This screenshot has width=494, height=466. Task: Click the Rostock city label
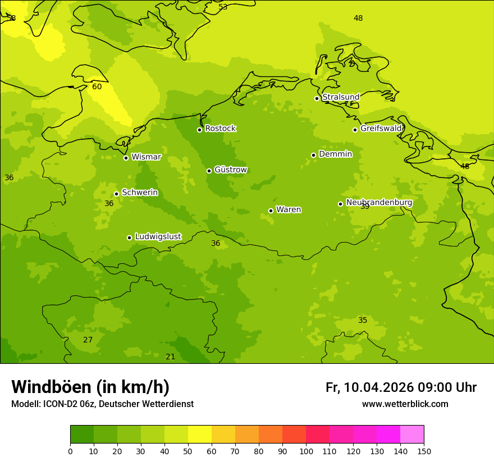(x=220, y=129)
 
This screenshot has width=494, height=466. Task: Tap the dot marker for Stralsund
(x=317, y=98)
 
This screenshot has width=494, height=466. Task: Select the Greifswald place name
(x=381, y=129)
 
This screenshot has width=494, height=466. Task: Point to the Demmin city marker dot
(x=313, y=155)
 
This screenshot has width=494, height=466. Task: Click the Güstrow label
(x=230, y=170)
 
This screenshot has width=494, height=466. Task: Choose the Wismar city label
(x=146, y=157)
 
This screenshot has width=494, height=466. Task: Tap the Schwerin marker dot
(x=116, y=194)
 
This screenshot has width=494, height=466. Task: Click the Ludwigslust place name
(x=158, y=236)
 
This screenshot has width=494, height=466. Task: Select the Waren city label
(x=289, y=209)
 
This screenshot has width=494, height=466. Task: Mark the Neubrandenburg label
(x=379, y=202)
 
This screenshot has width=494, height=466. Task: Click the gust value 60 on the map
(x=97, y=86)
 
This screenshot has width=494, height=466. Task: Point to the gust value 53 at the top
(x=223, y=7)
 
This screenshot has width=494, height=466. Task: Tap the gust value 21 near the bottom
(x=170, y=357)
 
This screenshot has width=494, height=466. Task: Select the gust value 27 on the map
(x=88, y=340)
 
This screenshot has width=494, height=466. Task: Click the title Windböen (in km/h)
(x=90, y=387)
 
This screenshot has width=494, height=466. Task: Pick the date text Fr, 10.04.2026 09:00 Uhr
(x=401, y=387)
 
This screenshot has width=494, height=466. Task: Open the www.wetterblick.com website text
(x=405, y=404)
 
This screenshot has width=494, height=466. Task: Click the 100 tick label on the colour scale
(x=306, y=451)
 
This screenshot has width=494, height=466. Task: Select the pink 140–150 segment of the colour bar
(x=412, y=434)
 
